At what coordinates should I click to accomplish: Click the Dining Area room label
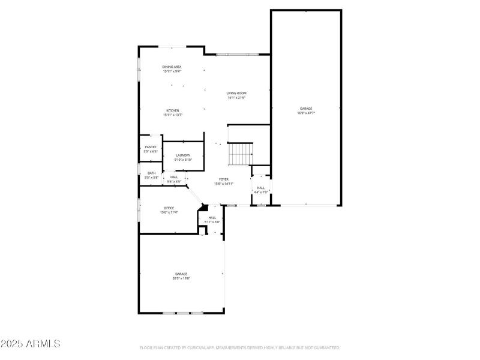[x=172, y=67]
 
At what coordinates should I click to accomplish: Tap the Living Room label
[x=236, y=93]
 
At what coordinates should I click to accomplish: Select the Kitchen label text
[x=173, y=110]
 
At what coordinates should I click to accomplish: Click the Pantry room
[x=151, y=149]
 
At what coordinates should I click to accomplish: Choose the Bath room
[x=151, y=175]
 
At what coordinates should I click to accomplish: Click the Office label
[x=169, y=208]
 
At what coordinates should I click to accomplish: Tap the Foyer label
[x=223, y=179]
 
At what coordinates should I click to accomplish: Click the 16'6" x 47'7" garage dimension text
[x=306, y=113]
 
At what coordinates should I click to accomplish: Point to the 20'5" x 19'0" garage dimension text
[x=181, y=278]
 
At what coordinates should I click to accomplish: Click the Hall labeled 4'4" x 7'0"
[x=261, y=190]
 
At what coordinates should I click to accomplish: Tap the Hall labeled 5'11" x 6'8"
[x=212, y=220]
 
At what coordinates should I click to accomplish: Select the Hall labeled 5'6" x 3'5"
[x=174, y=179]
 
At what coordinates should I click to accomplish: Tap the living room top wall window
[x=238, y=55]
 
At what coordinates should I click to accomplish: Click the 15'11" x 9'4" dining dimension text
[x=172, y=71]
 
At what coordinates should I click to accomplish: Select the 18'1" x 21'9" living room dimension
[x=236, y=98]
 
